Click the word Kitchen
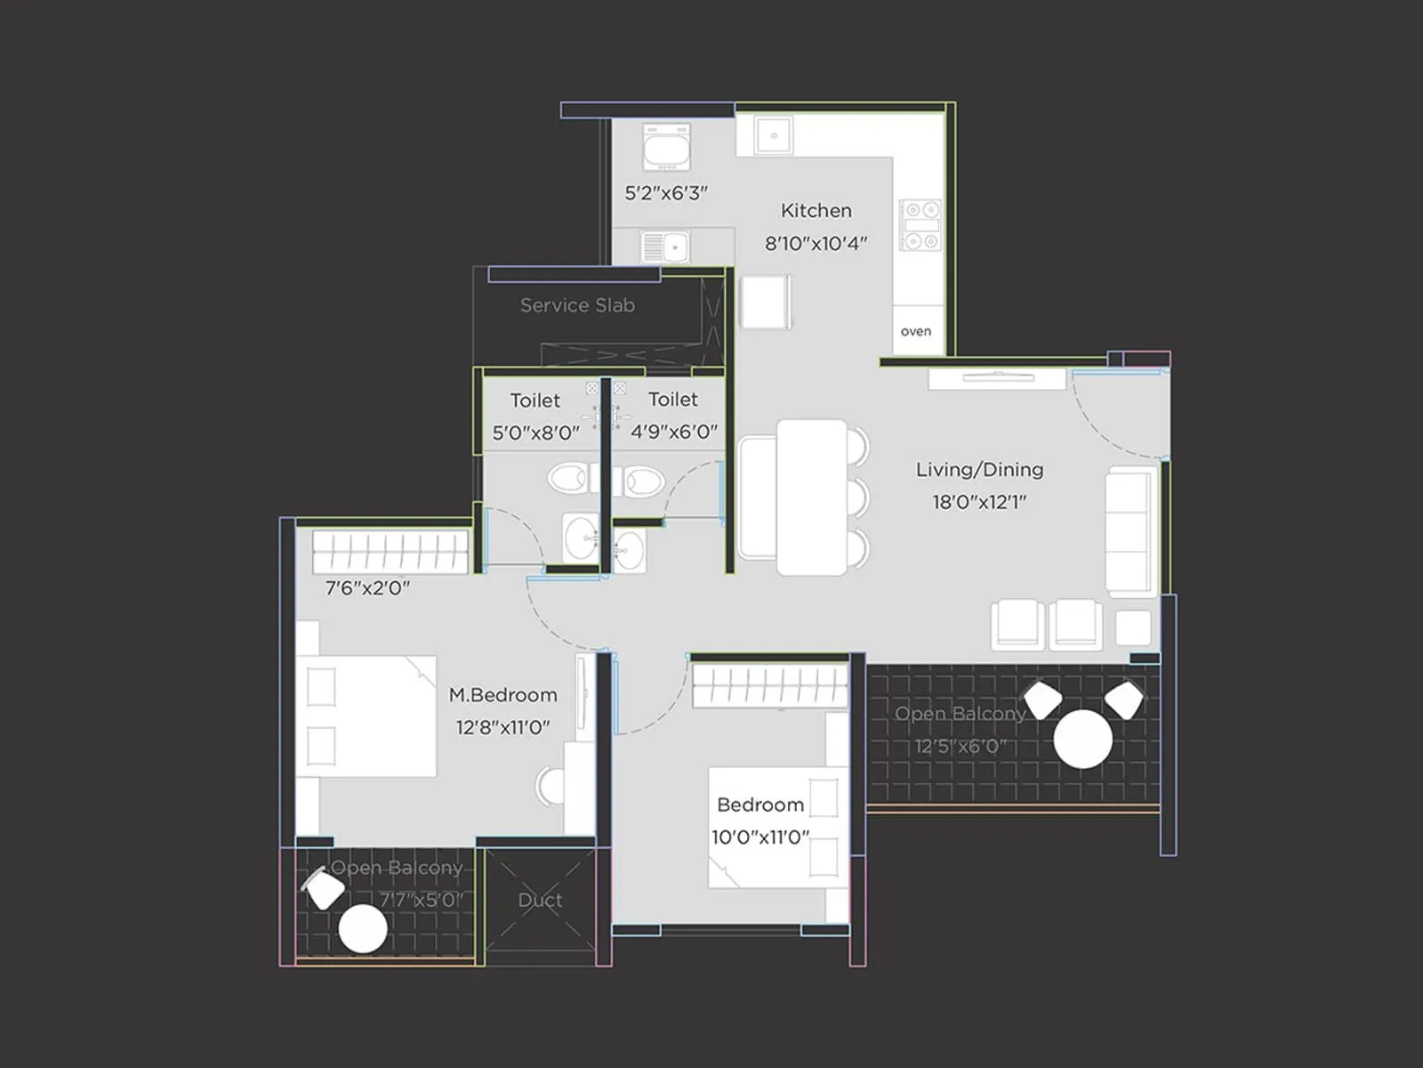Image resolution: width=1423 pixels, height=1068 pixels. [816, 211]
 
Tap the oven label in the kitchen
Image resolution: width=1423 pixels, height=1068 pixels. [916, 331]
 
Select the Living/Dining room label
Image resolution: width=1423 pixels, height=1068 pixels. [979, 470]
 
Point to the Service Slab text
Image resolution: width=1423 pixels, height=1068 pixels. [577, 305]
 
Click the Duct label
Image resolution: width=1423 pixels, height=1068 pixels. [540, 900]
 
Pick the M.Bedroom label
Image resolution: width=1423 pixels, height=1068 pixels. [503, 695]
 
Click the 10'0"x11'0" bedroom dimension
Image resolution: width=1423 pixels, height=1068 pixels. [760, 837]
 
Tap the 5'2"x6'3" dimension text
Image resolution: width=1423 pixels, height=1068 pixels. [666, 193]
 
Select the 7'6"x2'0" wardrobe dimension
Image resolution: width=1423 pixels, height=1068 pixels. [367, 588]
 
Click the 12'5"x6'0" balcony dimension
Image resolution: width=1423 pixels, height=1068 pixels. [961, 747]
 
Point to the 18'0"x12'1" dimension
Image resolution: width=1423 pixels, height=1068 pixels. [979, 502]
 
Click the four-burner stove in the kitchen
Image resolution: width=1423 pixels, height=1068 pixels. [921, 225]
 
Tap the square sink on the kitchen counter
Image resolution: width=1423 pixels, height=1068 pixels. [774, 135]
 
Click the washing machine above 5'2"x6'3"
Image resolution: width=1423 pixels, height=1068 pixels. [666, 147]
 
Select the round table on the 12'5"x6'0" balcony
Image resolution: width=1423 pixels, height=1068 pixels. [1082, 740]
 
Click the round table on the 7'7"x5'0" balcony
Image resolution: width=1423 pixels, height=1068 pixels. [363, 928]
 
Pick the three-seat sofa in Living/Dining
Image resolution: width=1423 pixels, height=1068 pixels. [1132, 531]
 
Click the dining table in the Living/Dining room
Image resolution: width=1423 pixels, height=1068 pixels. [812, 498]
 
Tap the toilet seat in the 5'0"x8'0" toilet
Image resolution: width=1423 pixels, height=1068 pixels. [568, 479]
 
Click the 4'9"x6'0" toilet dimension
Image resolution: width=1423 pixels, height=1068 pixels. [674, 432]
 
